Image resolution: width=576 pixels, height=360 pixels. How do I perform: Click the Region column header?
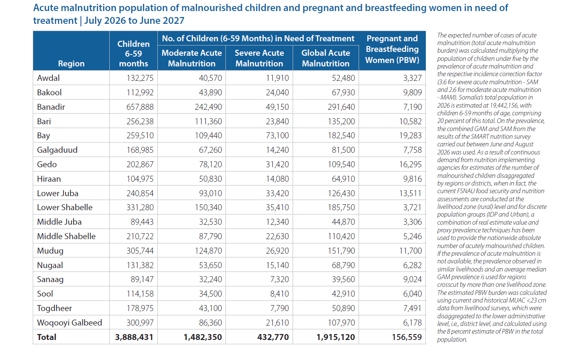pos(71,63)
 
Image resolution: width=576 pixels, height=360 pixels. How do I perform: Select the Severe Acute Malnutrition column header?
pos(259,58)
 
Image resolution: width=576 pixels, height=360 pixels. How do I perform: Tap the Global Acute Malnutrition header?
pos(325,58)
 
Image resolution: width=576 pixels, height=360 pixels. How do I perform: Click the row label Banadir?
pos(51,107)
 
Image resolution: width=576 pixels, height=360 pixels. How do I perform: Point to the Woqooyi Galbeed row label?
pos(69,323)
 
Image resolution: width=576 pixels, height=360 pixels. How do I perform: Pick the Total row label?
pos(46,337)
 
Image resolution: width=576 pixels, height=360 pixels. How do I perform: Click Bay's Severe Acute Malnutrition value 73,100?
pos(277,135)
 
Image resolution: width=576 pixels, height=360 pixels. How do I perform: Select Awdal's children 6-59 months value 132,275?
pos(140,78)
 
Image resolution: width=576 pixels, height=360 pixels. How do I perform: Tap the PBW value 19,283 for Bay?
pos(411,135)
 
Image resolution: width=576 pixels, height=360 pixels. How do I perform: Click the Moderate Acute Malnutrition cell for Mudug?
pos(208,251)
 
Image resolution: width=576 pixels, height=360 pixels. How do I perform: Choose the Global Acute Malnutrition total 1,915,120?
pos(336,337)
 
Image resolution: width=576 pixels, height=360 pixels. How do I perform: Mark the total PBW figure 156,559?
pos(407,337)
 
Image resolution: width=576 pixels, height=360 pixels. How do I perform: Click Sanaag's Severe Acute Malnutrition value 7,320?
pos(279,280)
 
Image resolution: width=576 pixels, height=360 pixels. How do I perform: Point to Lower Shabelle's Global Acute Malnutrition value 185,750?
pos(341,208)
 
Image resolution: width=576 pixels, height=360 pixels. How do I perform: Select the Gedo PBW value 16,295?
pos(411,164)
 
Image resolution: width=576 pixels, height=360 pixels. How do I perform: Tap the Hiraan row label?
pos(49,179)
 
